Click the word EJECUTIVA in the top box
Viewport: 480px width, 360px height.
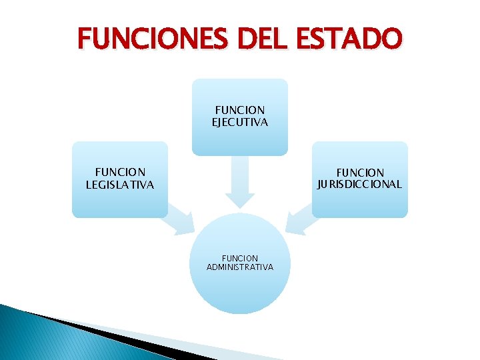click(240, 122)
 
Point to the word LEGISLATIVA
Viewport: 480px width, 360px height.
click(120, 185)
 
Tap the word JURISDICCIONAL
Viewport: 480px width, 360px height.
click(360, 184)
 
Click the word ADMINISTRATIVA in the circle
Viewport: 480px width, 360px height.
click(240, 267)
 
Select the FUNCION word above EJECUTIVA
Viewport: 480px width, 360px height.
click(240, 110)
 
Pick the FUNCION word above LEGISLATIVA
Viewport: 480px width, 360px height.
click(120, 173)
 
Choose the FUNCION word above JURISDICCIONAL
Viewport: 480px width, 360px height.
click(360, 173)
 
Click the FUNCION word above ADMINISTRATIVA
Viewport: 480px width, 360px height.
click(240, 258)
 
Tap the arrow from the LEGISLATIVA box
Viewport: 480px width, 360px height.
click(179, 220)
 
